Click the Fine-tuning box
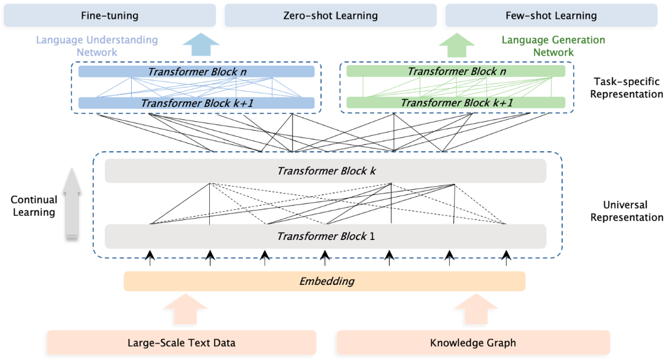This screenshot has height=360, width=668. (x=110, y=16)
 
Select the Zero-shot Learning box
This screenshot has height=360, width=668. (x=330, y=16)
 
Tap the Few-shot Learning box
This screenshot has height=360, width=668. (x=552, y=16)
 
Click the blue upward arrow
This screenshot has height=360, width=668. (x=201, y=44)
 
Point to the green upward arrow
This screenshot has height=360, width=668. (x=457, y=45)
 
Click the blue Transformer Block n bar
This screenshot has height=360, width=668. (x=196, y=72)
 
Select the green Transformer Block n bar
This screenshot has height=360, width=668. (x=456, y=71)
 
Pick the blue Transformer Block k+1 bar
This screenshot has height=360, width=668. (x=196, y=103)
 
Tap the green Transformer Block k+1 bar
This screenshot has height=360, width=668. (x=456, y=103)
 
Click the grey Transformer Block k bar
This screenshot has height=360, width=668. (x=326, y=171)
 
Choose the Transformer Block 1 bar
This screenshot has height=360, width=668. (x=326, y=236)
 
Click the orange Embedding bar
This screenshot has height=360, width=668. (x=325, y=281)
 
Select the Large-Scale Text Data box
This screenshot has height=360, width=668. (x=181, y=342)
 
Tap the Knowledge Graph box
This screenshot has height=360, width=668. (x=474, y=342)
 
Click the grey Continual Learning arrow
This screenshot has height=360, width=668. (x=72, y=203)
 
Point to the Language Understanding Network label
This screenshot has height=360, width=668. (x=97, y=46)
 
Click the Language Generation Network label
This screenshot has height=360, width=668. (x=553, y=46)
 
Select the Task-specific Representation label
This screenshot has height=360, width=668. (x=626, y=87)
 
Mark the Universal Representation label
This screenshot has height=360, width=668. (x=626, y=211)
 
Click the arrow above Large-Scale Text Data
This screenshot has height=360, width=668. (x=185, y=309)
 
